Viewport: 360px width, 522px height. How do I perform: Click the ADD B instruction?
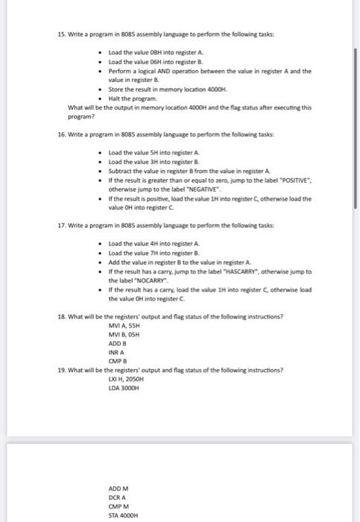click(116, 342)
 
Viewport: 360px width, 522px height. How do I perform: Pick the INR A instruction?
click(116, 351)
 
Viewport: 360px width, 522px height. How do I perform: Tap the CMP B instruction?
click(117, 359)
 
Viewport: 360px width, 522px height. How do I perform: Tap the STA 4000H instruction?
click(123, 515)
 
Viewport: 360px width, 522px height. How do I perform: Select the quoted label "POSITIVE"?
click(291, 180)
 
